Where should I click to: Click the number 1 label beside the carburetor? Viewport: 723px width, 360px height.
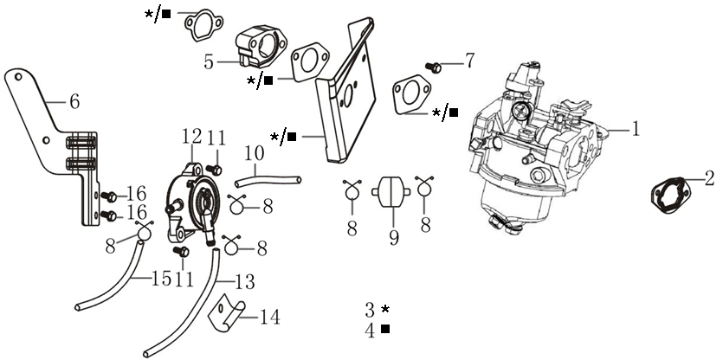coord(635,129)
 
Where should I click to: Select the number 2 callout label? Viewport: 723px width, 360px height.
coord(709,180)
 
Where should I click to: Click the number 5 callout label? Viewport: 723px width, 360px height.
coord(209,61)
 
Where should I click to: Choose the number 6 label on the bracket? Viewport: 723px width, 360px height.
coord(74,102)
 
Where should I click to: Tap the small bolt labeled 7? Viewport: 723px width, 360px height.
coord(436,66)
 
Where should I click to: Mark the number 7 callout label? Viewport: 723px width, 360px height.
coord(469,61)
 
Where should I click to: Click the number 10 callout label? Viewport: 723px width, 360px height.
coord(253,153)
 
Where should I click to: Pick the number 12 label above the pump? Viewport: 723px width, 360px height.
coord(191,136)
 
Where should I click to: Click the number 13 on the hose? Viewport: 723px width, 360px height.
coord(245,283)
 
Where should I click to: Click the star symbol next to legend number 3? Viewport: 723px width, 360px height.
coord(385,309)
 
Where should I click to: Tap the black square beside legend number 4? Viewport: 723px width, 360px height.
coord(385,329)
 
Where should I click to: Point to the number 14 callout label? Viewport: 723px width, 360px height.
coord(269,318)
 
